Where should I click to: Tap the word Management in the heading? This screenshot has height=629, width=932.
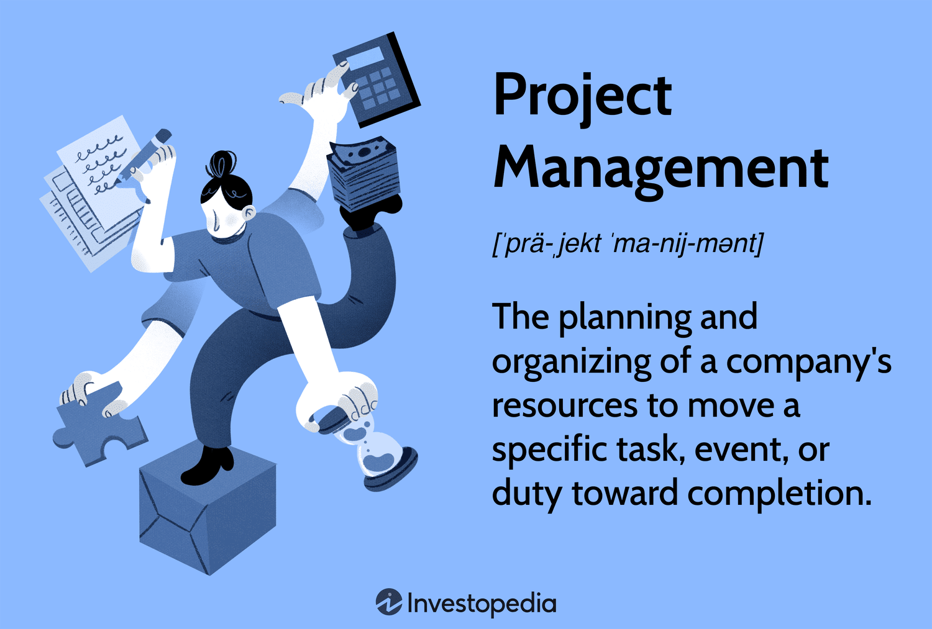(x=660, y=169)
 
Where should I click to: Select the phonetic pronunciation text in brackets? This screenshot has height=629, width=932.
(x=628, y=243)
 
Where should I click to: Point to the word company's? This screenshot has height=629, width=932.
(x=808, y=363)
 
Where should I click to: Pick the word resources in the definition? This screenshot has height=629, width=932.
(x=564, y=407)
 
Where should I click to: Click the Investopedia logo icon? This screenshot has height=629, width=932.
(x=389, y=602)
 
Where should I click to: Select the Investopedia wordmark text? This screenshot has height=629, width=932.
(x=482, y=604)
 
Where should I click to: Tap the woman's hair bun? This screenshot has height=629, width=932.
(x=221, y=164)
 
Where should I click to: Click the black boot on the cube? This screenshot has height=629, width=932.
(x=209, y=466)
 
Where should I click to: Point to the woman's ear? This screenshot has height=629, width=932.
(x=250, y=213)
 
